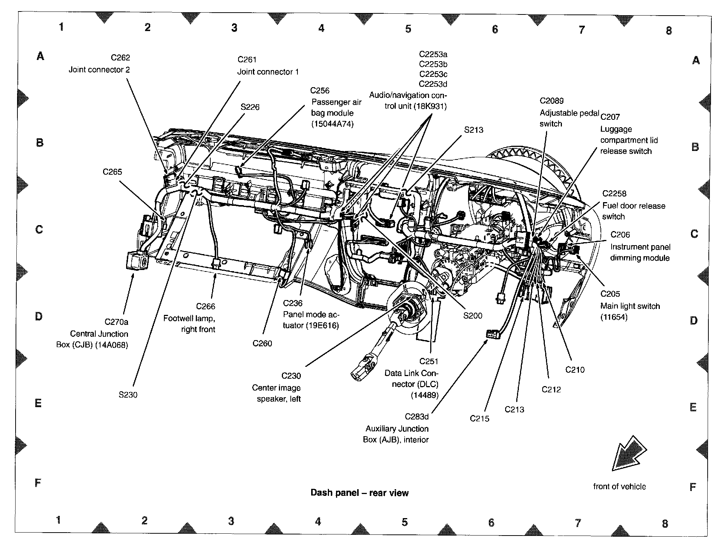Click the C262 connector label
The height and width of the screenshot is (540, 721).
121,57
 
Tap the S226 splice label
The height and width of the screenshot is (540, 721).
250,107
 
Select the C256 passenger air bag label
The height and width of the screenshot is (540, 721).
320,91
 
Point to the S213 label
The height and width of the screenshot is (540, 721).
474,130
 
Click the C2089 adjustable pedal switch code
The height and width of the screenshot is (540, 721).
552,101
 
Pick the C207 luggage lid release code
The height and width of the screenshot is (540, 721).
610,117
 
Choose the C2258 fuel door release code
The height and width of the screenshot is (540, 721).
614,194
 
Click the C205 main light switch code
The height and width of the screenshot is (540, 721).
610,294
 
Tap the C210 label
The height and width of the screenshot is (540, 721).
575,370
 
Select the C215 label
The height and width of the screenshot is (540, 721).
480,419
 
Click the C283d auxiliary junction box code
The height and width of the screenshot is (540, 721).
417,417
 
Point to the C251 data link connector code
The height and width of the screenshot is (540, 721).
429,361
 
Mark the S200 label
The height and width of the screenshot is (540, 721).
473,316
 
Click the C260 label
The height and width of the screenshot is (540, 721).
262,343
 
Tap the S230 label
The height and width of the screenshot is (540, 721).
128,395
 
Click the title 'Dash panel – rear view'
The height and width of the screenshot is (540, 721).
359,493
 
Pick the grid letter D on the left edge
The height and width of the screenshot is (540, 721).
39,316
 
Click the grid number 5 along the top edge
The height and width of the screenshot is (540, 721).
408,29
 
